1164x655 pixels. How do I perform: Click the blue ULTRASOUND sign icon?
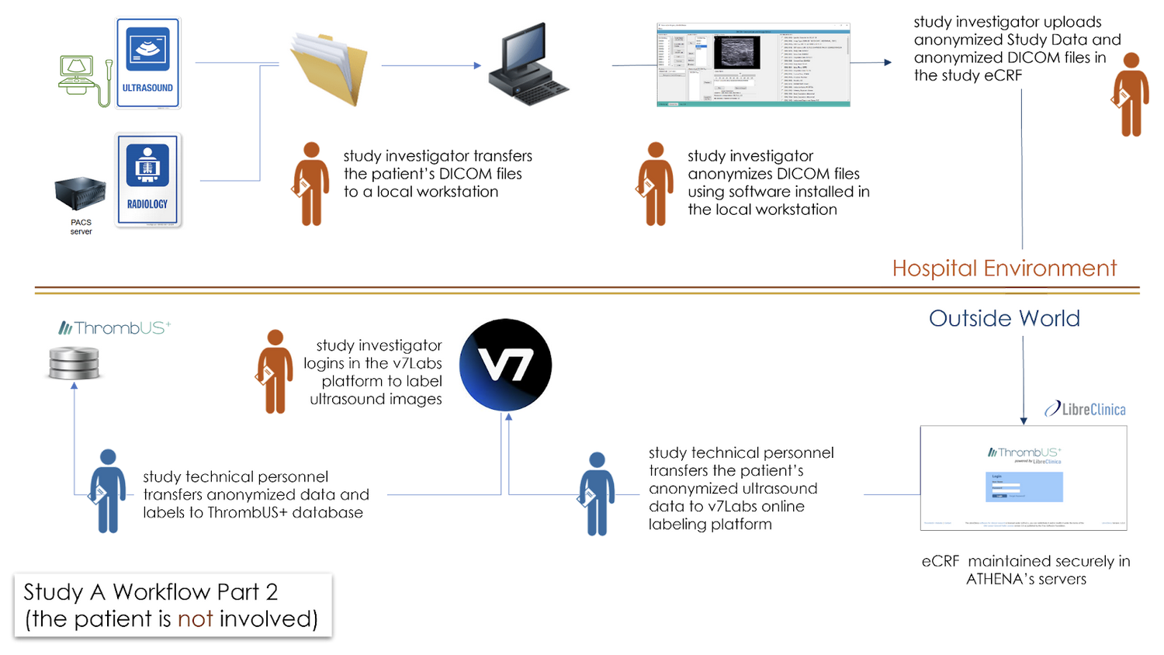[148, 64]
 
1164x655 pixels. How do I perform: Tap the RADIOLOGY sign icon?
[148, 180]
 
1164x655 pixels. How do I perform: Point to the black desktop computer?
[528, 65]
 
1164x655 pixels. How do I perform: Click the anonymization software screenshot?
[753, 64]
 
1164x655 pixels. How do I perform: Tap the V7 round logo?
[505, 365]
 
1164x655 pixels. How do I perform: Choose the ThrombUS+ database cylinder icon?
[74, 363]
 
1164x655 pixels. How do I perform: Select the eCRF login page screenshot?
[1023, 478]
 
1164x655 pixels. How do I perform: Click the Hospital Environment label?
[1003, 269]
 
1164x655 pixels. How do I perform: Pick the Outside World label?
[1004, 318]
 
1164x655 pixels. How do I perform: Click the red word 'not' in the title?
[195, 619]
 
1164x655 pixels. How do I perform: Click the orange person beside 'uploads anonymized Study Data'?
[1131, 95]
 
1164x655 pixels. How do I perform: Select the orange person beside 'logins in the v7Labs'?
[275, 371]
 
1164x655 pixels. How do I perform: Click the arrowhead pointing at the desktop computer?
[477, 66]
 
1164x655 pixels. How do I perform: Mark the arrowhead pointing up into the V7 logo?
[509, 418]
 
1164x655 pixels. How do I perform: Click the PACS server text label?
[81, 227]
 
